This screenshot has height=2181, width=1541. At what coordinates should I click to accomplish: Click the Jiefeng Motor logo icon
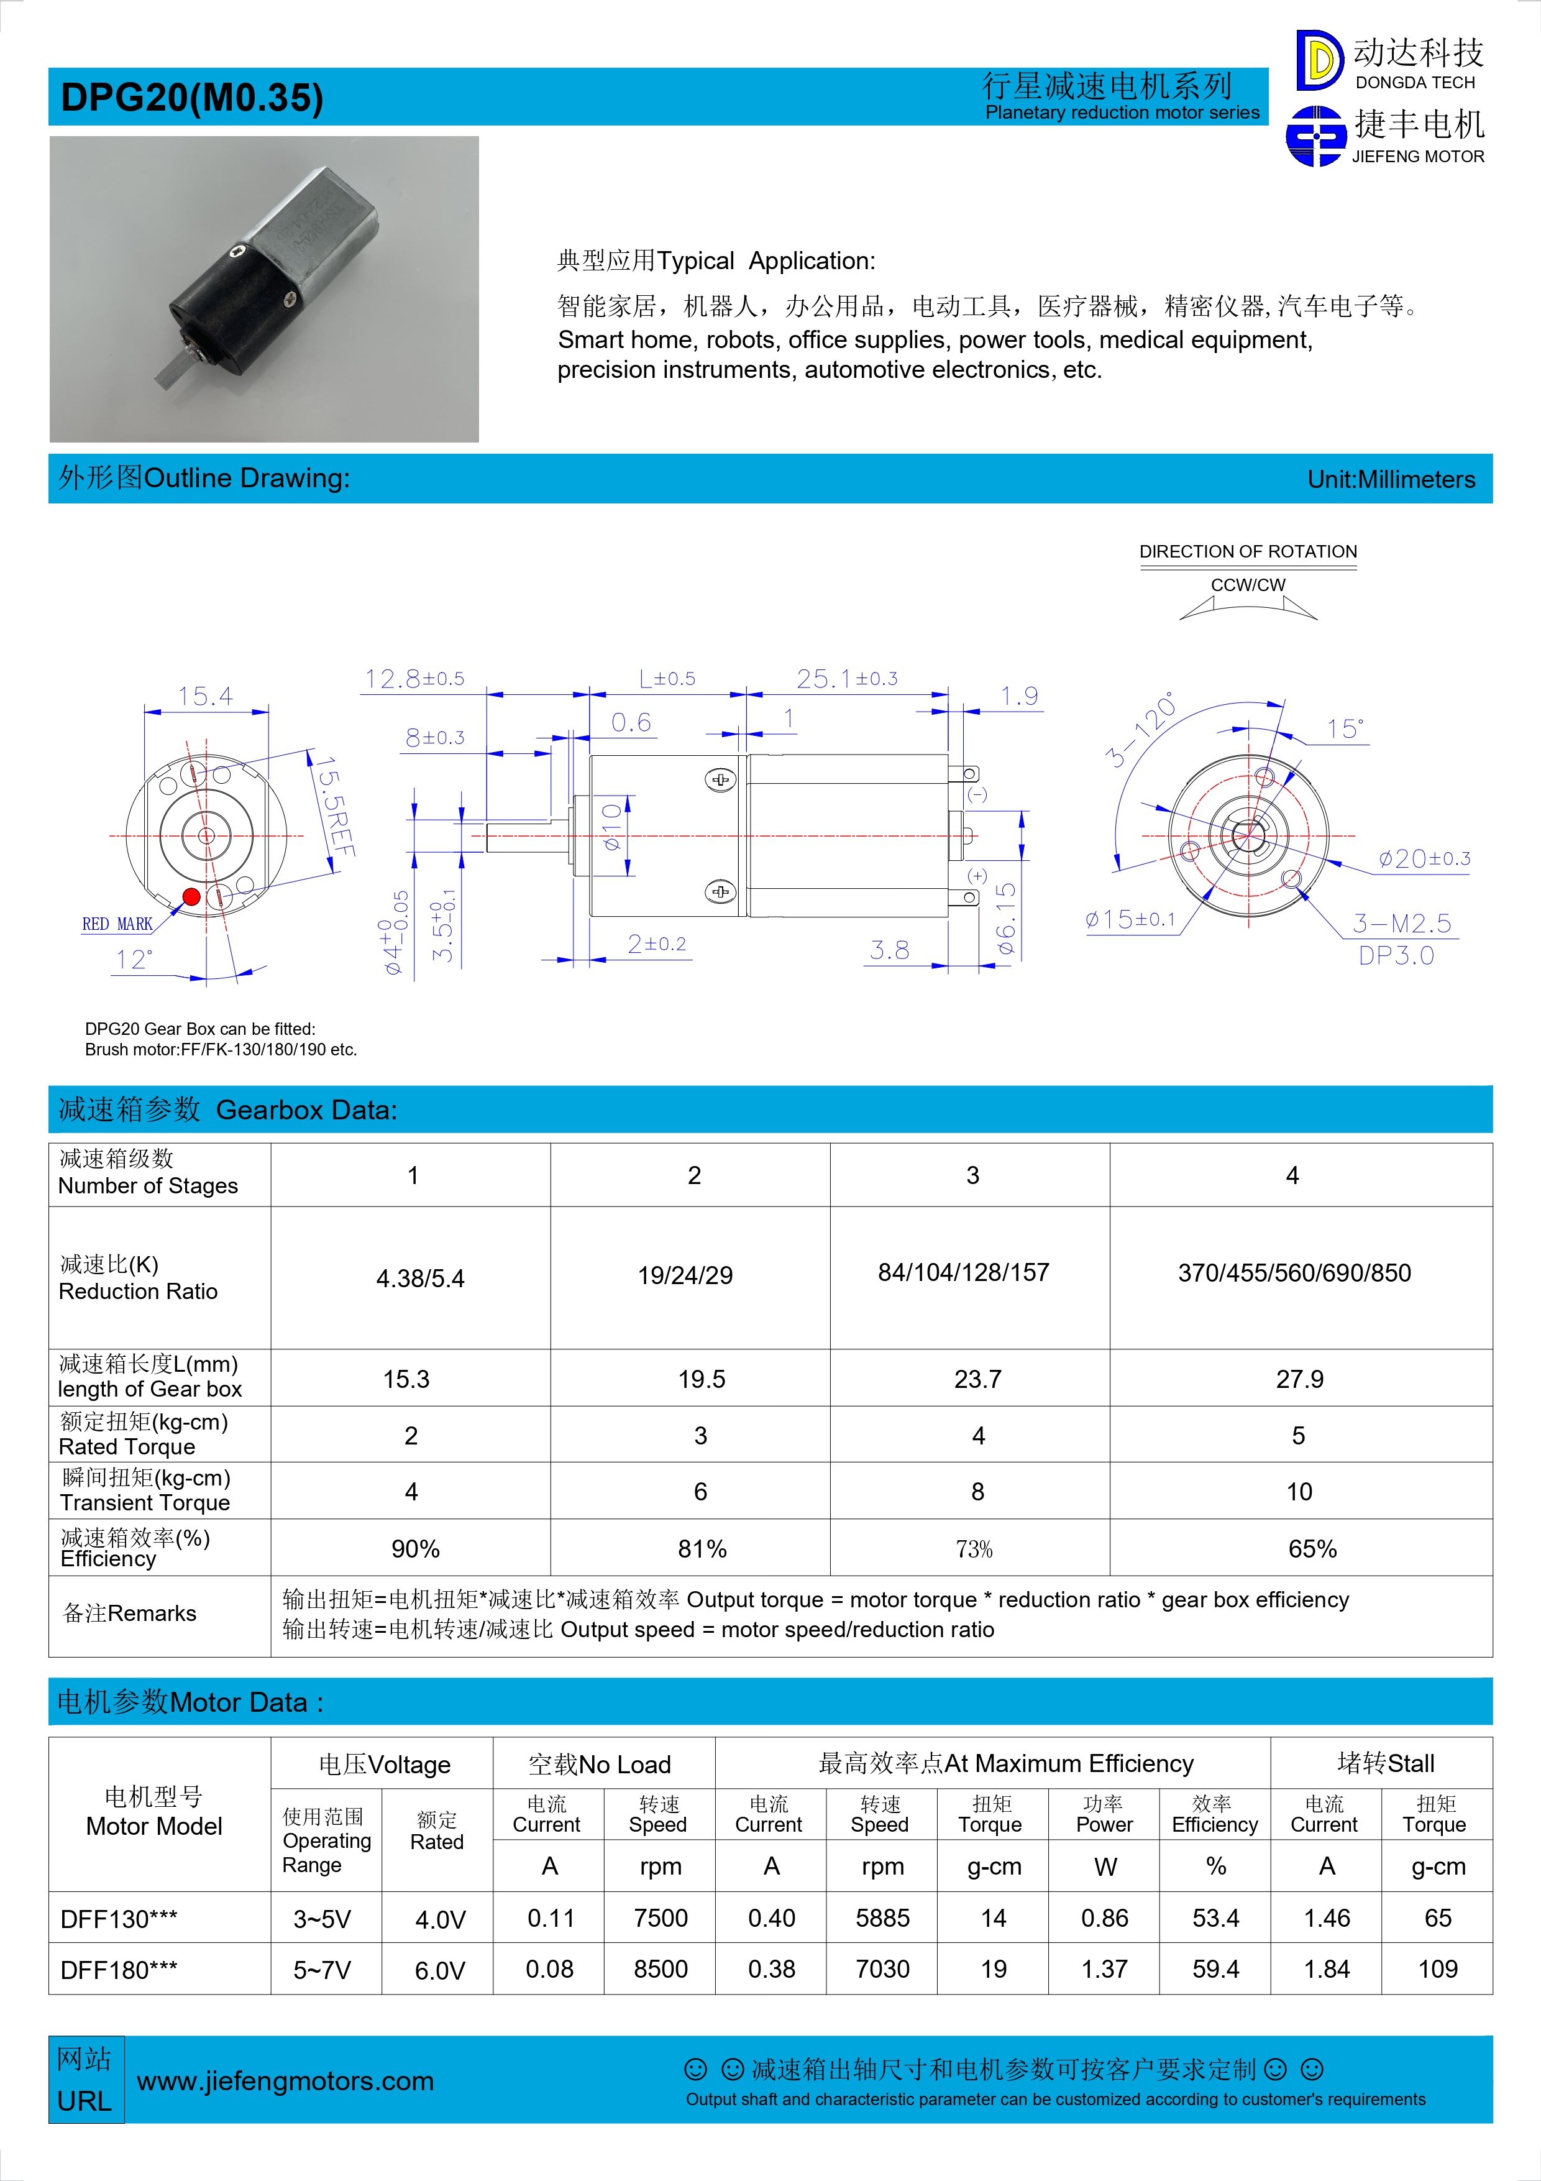1316,137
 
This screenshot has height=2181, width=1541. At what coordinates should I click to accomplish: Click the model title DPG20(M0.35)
192,98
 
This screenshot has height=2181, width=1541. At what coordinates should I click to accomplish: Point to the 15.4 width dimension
205,696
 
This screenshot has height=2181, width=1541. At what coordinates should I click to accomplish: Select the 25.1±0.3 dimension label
846,678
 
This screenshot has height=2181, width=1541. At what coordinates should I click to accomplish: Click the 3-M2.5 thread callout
1401,922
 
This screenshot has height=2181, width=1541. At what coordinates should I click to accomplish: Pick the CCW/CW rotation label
1248,584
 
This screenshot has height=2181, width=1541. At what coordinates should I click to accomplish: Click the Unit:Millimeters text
1391,480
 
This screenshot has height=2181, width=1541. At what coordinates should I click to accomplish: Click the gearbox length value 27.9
1299,1379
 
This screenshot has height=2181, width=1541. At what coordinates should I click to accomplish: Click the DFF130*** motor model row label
119,1919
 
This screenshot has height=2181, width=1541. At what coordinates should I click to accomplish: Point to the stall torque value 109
1437,1969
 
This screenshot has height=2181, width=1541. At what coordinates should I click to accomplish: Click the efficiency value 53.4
1215,1918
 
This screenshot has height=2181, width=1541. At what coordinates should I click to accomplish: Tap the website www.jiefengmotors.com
285,2082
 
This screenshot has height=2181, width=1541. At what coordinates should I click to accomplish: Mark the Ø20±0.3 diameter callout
1424,859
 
